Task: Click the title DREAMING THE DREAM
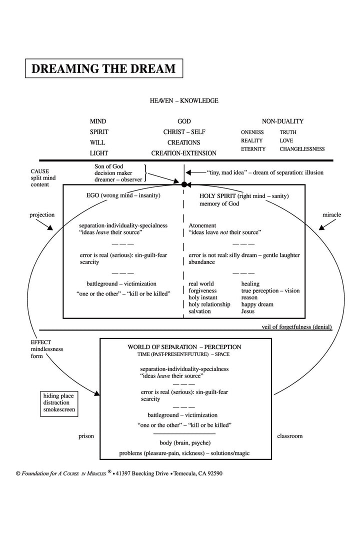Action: click(104, 68)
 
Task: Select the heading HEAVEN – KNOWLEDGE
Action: click(184, 100)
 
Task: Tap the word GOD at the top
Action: click(184, 121)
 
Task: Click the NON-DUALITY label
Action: click(282, 121)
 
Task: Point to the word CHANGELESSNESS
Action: click(302, 149)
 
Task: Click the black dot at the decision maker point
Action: click(184, 184)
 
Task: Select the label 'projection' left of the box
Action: click(42, 215)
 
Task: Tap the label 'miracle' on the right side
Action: click(331, 214)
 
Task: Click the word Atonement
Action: click(202, 225)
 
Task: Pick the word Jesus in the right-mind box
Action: click(248, 311)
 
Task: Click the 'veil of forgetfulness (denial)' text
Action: click(296, 327)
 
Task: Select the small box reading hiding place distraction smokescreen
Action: click(59, 403)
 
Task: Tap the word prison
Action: click(86, 436)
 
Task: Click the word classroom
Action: click(289, 436)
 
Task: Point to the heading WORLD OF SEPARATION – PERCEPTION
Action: click(184, 347)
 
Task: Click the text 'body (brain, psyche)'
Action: click(185, 443)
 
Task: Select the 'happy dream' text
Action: click(257, 304)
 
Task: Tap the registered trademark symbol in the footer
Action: click(109, 471)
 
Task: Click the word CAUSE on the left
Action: click(39, 171)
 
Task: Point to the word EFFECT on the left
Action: click(40, 342)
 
